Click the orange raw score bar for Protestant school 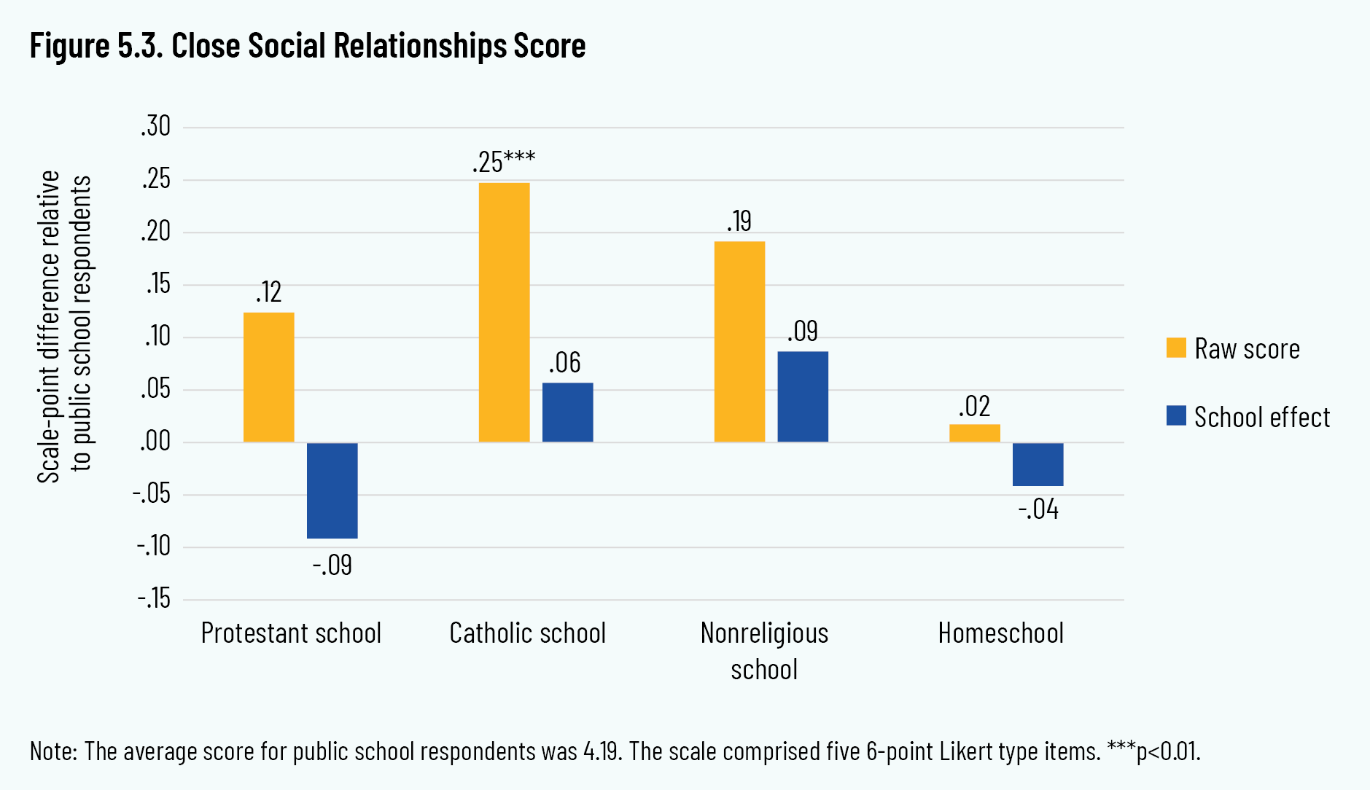coord(268,377)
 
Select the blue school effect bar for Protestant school coord(332,490)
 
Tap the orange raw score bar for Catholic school coord(504,312)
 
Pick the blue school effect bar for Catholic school coord(567,412)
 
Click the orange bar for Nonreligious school coord(739,341)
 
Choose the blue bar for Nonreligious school coord(803,396)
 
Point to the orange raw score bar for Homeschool coord(974,433)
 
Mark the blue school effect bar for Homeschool coord(1038,464)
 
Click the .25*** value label coord(503,161)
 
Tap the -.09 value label coord(332,566)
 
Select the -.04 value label coord(1038,509)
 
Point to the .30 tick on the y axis coord(155,127)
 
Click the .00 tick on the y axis coord(155,442)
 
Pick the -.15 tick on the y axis coord(153,599)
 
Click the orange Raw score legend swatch coord(1176,348)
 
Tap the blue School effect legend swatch coord(1176,416)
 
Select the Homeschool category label coord(1000,633)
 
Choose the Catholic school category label coord(527,633)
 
